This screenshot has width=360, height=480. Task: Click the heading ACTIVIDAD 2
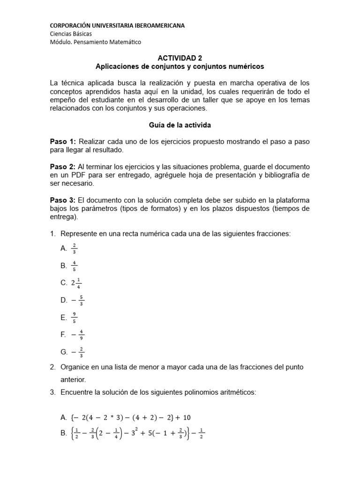180,58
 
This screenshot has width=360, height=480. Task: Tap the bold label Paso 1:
63,141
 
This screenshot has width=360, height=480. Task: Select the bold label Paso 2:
63,167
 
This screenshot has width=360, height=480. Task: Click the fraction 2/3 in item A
74,248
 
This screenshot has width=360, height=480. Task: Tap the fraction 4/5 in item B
74,265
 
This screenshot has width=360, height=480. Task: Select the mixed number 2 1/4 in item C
76,283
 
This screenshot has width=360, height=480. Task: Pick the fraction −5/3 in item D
78,300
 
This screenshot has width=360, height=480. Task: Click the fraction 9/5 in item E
74,317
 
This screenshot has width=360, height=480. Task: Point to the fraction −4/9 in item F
78,335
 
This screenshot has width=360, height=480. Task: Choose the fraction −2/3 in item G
78,352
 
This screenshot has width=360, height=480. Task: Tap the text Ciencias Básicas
71,34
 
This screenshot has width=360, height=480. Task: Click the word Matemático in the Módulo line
124,42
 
